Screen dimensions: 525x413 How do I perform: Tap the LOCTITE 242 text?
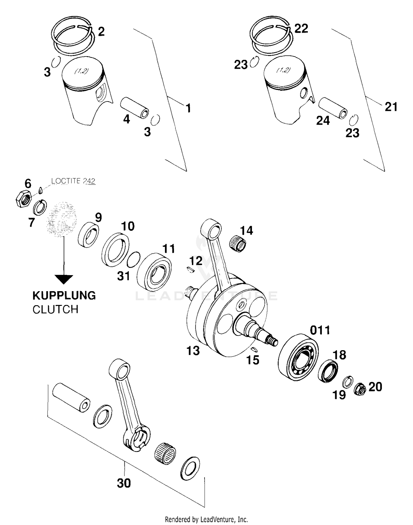(x=73, y=181)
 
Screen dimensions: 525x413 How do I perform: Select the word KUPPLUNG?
(x=64, y=296)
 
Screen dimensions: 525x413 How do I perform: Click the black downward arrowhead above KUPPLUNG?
(x=64, y=279)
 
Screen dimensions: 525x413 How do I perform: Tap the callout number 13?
(x=193, y=351)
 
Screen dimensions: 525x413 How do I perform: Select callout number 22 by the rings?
(x=301, y=28)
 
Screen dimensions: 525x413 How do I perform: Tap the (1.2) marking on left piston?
(x=81, y=71)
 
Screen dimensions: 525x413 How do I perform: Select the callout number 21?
(x=391, y=107)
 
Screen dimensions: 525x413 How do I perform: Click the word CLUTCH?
(x=55, y=309)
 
